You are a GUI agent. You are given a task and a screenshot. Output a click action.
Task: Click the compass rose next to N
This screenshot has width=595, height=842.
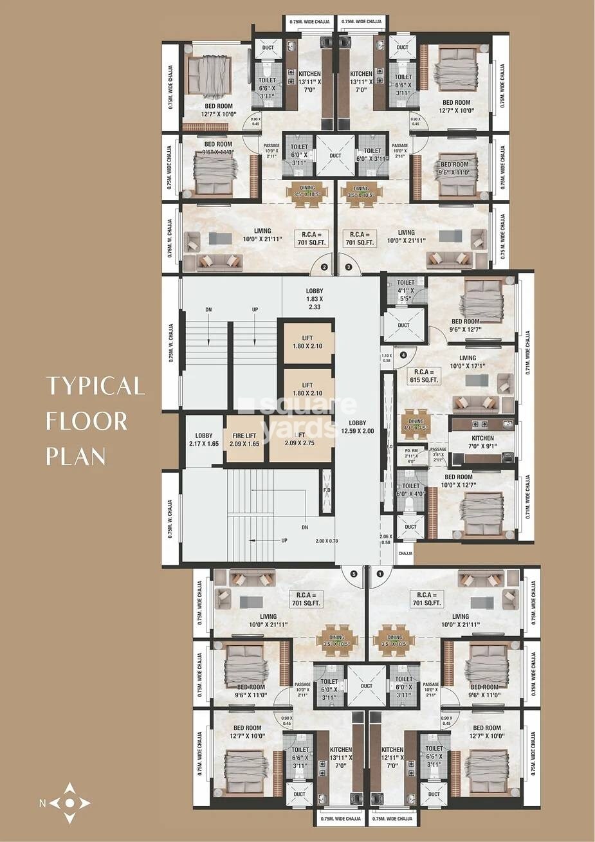[x=70, y=803]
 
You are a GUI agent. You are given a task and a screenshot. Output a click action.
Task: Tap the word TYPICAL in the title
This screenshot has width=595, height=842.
[x=95, y=386]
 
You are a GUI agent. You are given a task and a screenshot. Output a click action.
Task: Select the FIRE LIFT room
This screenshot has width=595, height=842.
[x=244, y=439]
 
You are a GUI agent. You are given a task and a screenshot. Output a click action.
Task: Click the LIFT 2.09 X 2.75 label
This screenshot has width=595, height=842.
[x=301, y=439]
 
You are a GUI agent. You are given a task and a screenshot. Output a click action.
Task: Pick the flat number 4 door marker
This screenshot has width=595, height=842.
[x=403, y=354]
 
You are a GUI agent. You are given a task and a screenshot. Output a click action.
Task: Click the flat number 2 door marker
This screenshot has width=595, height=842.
[x=324, y=266]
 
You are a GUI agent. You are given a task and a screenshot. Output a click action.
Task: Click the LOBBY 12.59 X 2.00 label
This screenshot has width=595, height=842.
[x=357, y=427]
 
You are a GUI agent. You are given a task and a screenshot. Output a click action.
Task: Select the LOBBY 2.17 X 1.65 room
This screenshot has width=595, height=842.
[x=204, y=439]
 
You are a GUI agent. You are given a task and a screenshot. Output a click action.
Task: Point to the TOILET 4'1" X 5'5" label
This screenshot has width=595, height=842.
[x=406, y=291]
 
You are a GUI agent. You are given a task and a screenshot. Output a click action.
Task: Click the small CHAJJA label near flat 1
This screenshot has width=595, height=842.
[x=405, y=553]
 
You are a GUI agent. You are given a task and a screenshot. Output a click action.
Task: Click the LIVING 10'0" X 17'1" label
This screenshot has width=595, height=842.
[x=468, y=362]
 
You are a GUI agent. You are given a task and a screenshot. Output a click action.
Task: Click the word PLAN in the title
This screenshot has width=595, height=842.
[x=76, y=456]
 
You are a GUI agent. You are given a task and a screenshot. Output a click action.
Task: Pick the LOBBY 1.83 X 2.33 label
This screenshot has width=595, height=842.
[x=315, y=299]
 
